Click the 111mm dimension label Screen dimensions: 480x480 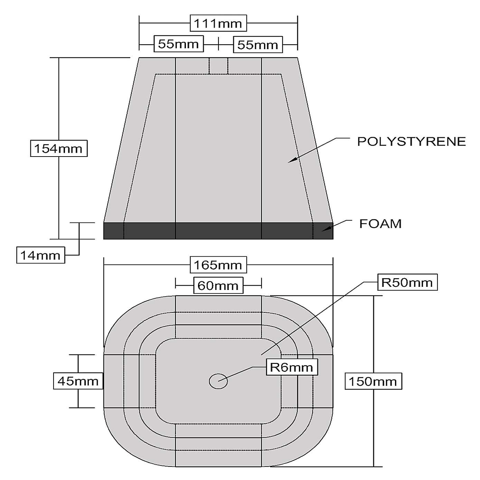(218, 23)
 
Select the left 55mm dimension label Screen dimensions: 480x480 (179, 44)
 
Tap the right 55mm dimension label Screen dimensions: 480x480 (258, 45)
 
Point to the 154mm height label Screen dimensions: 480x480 (59, 149)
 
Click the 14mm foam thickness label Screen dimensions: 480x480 (40, 255)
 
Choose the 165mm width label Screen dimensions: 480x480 (218, 265)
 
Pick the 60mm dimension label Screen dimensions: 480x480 (218, 285)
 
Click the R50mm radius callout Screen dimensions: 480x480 (407, 282)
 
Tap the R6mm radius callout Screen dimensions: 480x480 (292, 367)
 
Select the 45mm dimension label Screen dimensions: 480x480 (78, 381)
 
